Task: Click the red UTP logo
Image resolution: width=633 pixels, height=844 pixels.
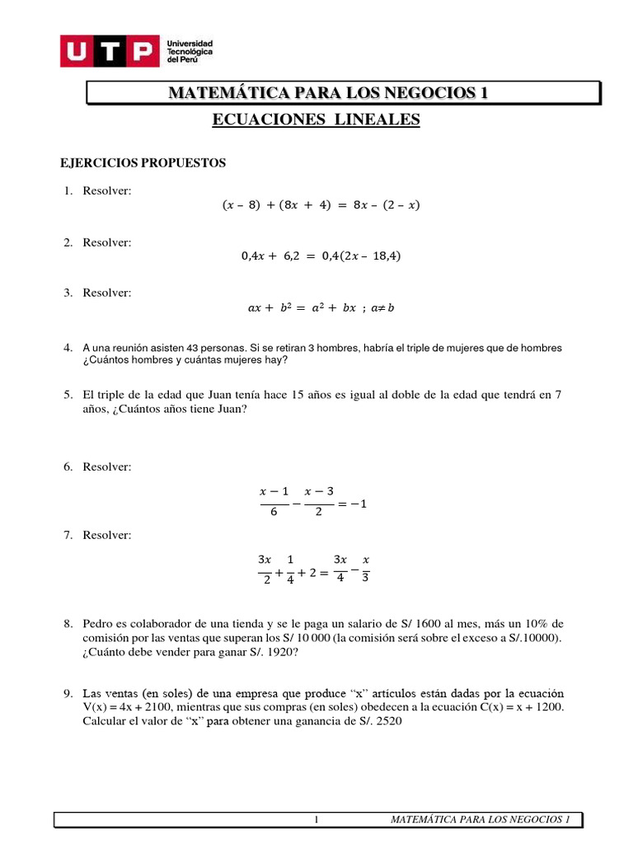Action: [x=110, y=52]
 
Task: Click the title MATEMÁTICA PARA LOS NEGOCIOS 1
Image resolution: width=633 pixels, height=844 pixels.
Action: [x=328, y=92]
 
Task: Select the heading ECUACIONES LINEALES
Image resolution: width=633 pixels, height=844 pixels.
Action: [x=316, y=120]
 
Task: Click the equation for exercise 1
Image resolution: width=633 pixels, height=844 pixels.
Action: [x=321, y=205]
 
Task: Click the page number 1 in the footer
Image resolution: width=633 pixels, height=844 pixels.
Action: [x=317, y=820]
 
